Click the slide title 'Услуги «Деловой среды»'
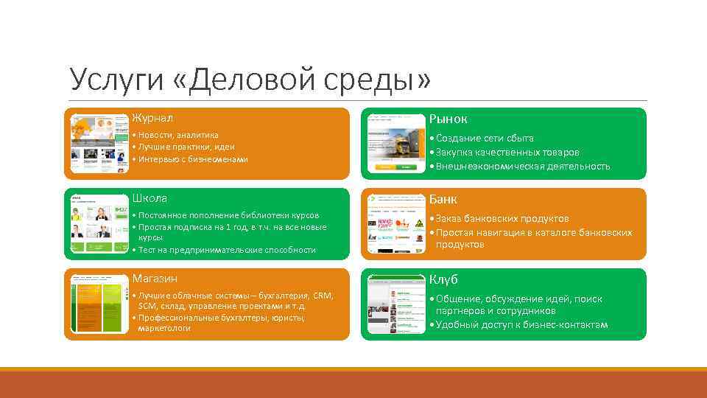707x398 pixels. click(250, 80)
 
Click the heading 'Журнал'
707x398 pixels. click(152, 118)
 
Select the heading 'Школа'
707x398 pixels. click(150, 198)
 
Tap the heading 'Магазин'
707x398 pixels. click(155, 279)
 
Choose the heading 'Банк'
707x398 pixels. click(443, 199)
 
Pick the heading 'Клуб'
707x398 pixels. click(443, 280)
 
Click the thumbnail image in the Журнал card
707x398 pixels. click(99, 144)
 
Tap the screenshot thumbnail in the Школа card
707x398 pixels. click(99, 224)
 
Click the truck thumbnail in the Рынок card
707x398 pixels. click(396, 144)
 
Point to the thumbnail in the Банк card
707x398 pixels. click(396, 224)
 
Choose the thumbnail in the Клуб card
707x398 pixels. click(396, 304)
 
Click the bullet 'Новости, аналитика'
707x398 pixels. click(177, 135)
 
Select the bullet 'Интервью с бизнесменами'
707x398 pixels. click(192, 159)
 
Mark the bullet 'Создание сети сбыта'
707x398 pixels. click(482, 139)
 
